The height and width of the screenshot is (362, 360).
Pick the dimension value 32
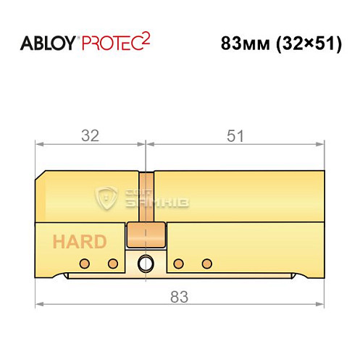tap(90, 135)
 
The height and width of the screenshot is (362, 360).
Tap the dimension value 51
tap(236, 135)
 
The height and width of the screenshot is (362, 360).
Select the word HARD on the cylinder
tap(78, 242)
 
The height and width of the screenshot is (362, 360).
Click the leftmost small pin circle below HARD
tap(85, 262)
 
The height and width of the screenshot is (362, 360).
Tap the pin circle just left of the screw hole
tap(112, 262)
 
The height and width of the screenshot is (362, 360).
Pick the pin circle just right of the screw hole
tap(178, 262)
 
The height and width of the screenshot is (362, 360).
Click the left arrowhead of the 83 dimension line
tap(38, 303)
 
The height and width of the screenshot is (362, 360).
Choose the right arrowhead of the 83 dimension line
tap(322, 303)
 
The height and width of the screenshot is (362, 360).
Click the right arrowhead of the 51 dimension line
tap(322, 144)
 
